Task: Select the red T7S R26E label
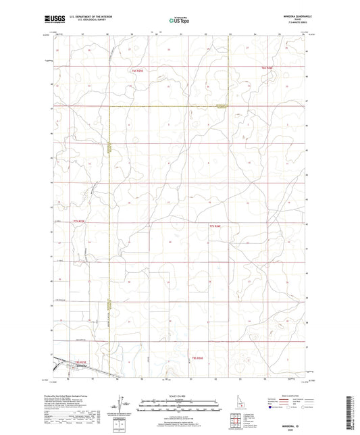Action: coord(215,226)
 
